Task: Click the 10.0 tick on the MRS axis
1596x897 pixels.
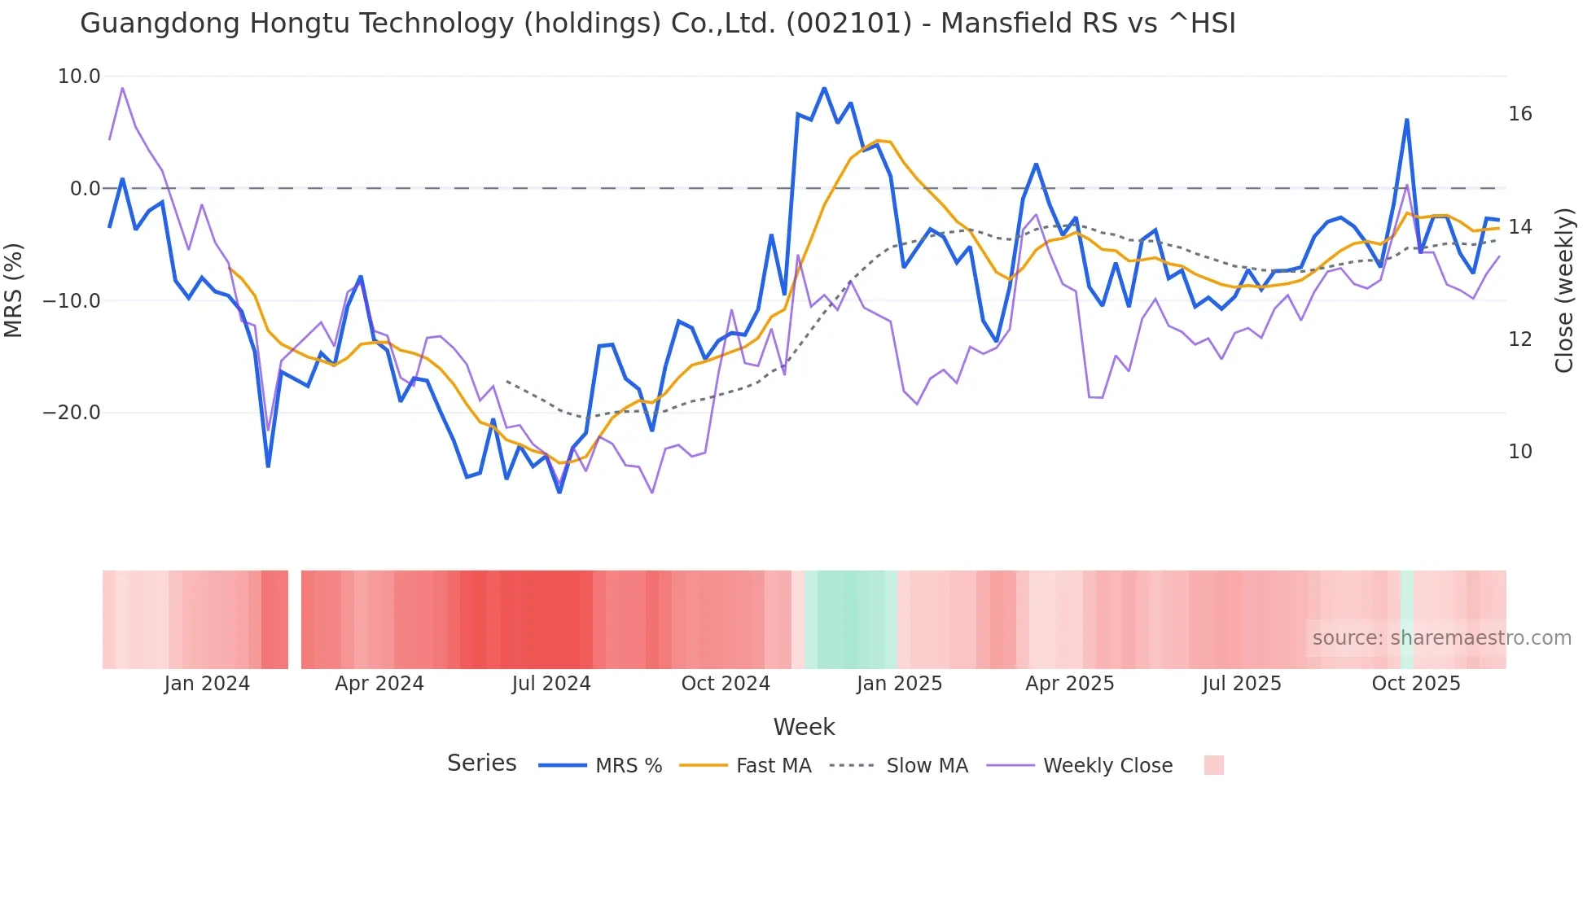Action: click(79, 77)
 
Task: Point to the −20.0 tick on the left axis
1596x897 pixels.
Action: click(72, 413)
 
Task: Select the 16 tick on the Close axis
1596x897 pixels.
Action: click(1519, 114)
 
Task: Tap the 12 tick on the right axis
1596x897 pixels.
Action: click(1519, 339)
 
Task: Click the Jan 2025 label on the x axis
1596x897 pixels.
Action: click(899, 684)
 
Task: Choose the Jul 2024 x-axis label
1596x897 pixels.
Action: click(551, 684)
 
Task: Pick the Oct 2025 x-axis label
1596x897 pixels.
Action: click(1416, 684)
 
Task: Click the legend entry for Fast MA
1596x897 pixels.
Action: click(773, 766)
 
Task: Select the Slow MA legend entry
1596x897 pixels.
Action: click(927, 766)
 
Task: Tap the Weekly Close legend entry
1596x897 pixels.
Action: click(1107, 766)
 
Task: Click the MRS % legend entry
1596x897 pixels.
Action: click(628, 766)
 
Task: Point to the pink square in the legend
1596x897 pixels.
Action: click(1213, 765)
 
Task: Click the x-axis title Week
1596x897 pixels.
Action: click(804, 727)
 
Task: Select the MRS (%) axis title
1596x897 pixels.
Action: click(14, 291)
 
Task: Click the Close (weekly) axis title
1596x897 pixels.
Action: click(1563, 291)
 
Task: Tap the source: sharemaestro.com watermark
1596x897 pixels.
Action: click(1441, 638)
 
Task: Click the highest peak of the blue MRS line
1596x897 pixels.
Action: click(824, 88)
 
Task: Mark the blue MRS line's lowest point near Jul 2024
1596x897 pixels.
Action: click(559, 492)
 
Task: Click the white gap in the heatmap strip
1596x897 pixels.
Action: click(295, 619)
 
